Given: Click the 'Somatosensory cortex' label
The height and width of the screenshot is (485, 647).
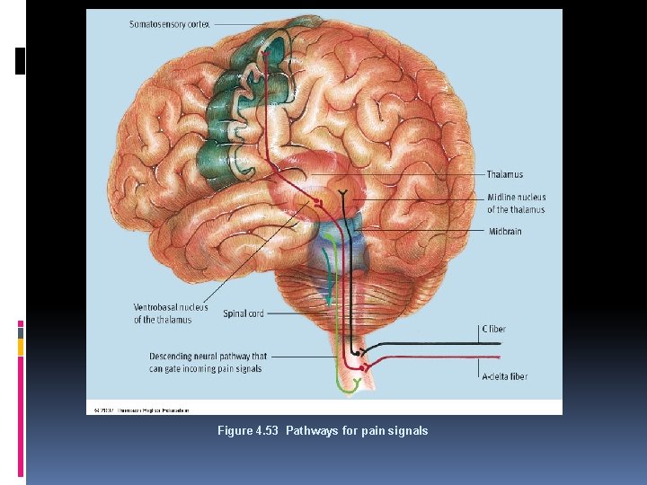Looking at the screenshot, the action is click(x=170, y=24).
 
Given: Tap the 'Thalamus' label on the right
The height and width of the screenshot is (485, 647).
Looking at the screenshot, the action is click(x=505, y=174).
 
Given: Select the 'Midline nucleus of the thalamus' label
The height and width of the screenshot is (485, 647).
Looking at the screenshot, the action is click(x=516, y=204).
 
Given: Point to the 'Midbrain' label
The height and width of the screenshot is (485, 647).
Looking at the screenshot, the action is click(x=505, y=232).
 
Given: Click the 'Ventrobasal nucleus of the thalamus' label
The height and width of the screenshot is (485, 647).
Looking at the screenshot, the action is click(x=171, y=313).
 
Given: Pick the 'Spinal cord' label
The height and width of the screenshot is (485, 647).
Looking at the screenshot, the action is click(x=244, y=313).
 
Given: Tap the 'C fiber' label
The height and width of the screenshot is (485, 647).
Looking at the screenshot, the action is click(x=494, y=329).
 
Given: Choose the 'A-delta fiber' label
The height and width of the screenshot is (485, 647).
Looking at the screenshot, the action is click(x=506, y=377).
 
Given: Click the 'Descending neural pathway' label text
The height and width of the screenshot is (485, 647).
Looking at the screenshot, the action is click(x=208, y=363).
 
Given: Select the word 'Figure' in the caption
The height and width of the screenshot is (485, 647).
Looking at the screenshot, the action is click(x=235, y=431).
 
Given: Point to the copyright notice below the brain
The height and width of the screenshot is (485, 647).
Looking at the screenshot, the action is click(x=140, y=410).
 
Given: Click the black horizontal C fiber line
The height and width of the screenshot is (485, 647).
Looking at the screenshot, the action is click(x=422, y=343).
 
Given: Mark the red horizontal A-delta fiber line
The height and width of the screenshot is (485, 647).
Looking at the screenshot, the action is click(x=422, y=357).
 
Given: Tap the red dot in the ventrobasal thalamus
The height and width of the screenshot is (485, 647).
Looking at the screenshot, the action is click(x=317, y=204).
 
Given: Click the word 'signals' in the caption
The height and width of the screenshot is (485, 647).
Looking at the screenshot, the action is click(x=410, y=431).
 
